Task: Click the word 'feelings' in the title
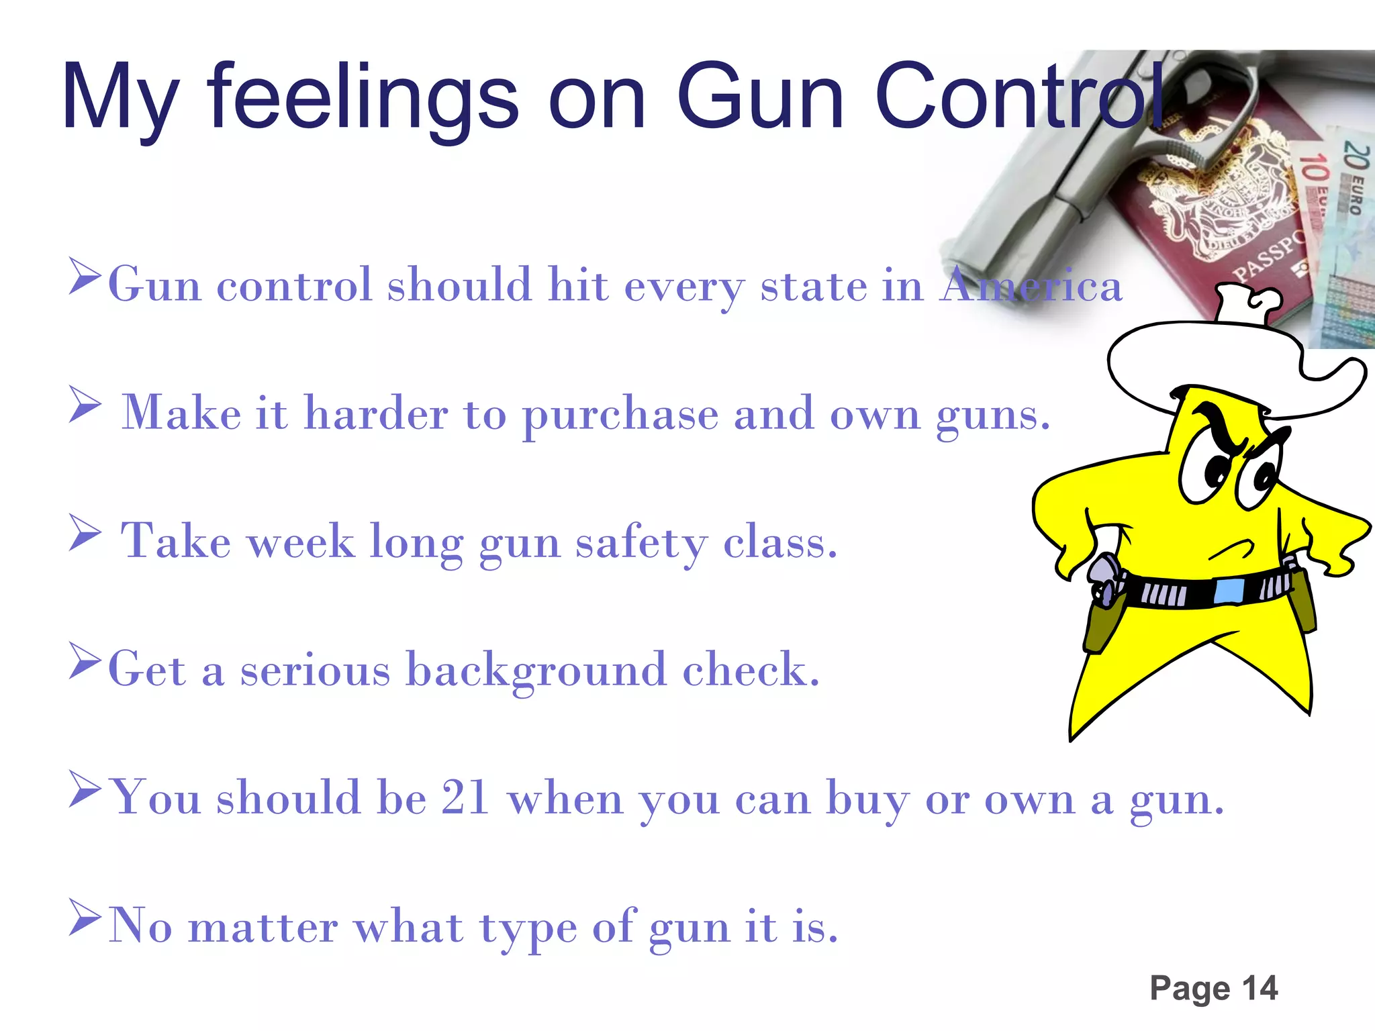click(363, 97)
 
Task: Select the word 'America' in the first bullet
click(1031, 285)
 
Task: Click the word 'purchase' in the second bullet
click(620, 415)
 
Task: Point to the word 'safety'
click(641, 542)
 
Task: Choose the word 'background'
click(536, 670)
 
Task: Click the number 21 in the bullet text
click(464, 798)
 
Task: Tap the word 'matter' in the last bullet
click(263, 927)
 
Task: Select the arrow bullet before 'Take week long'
click(85, 533)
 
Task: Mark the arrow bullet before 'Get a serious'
click(85, 661)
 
